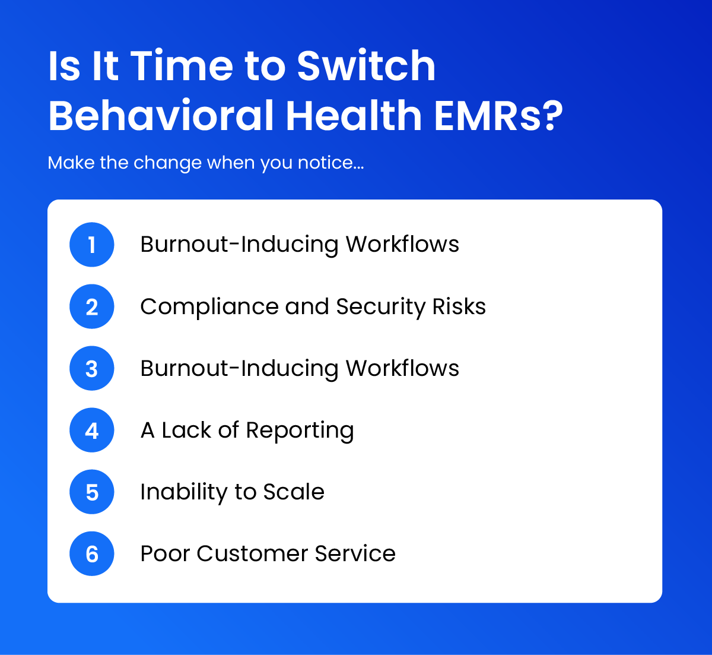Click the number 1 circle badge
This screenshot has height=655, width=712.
(92, 245)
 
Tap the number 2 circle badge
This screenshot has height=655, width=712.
(92, 307)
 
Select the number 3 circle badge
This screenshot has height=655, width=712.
(92, 369)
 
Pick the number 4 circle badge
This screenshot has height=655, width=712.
(92, 431)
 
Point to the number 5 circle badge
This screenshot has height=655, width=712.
(92, 492)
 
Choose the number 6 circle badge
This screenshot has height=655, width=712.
(92, 554)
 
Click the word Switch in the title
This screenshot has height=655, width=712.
(366, 65)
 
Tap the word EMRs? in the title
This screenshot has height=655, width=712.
(498, 115)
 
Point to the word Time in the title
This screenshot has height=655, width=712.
(182, 65)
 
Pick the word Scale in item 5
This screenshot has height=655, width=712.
(294, 492)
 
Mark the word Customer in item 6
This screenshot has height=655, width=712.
(252, 554)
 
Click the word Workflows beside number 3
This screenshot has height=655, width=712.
(402, 369)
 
